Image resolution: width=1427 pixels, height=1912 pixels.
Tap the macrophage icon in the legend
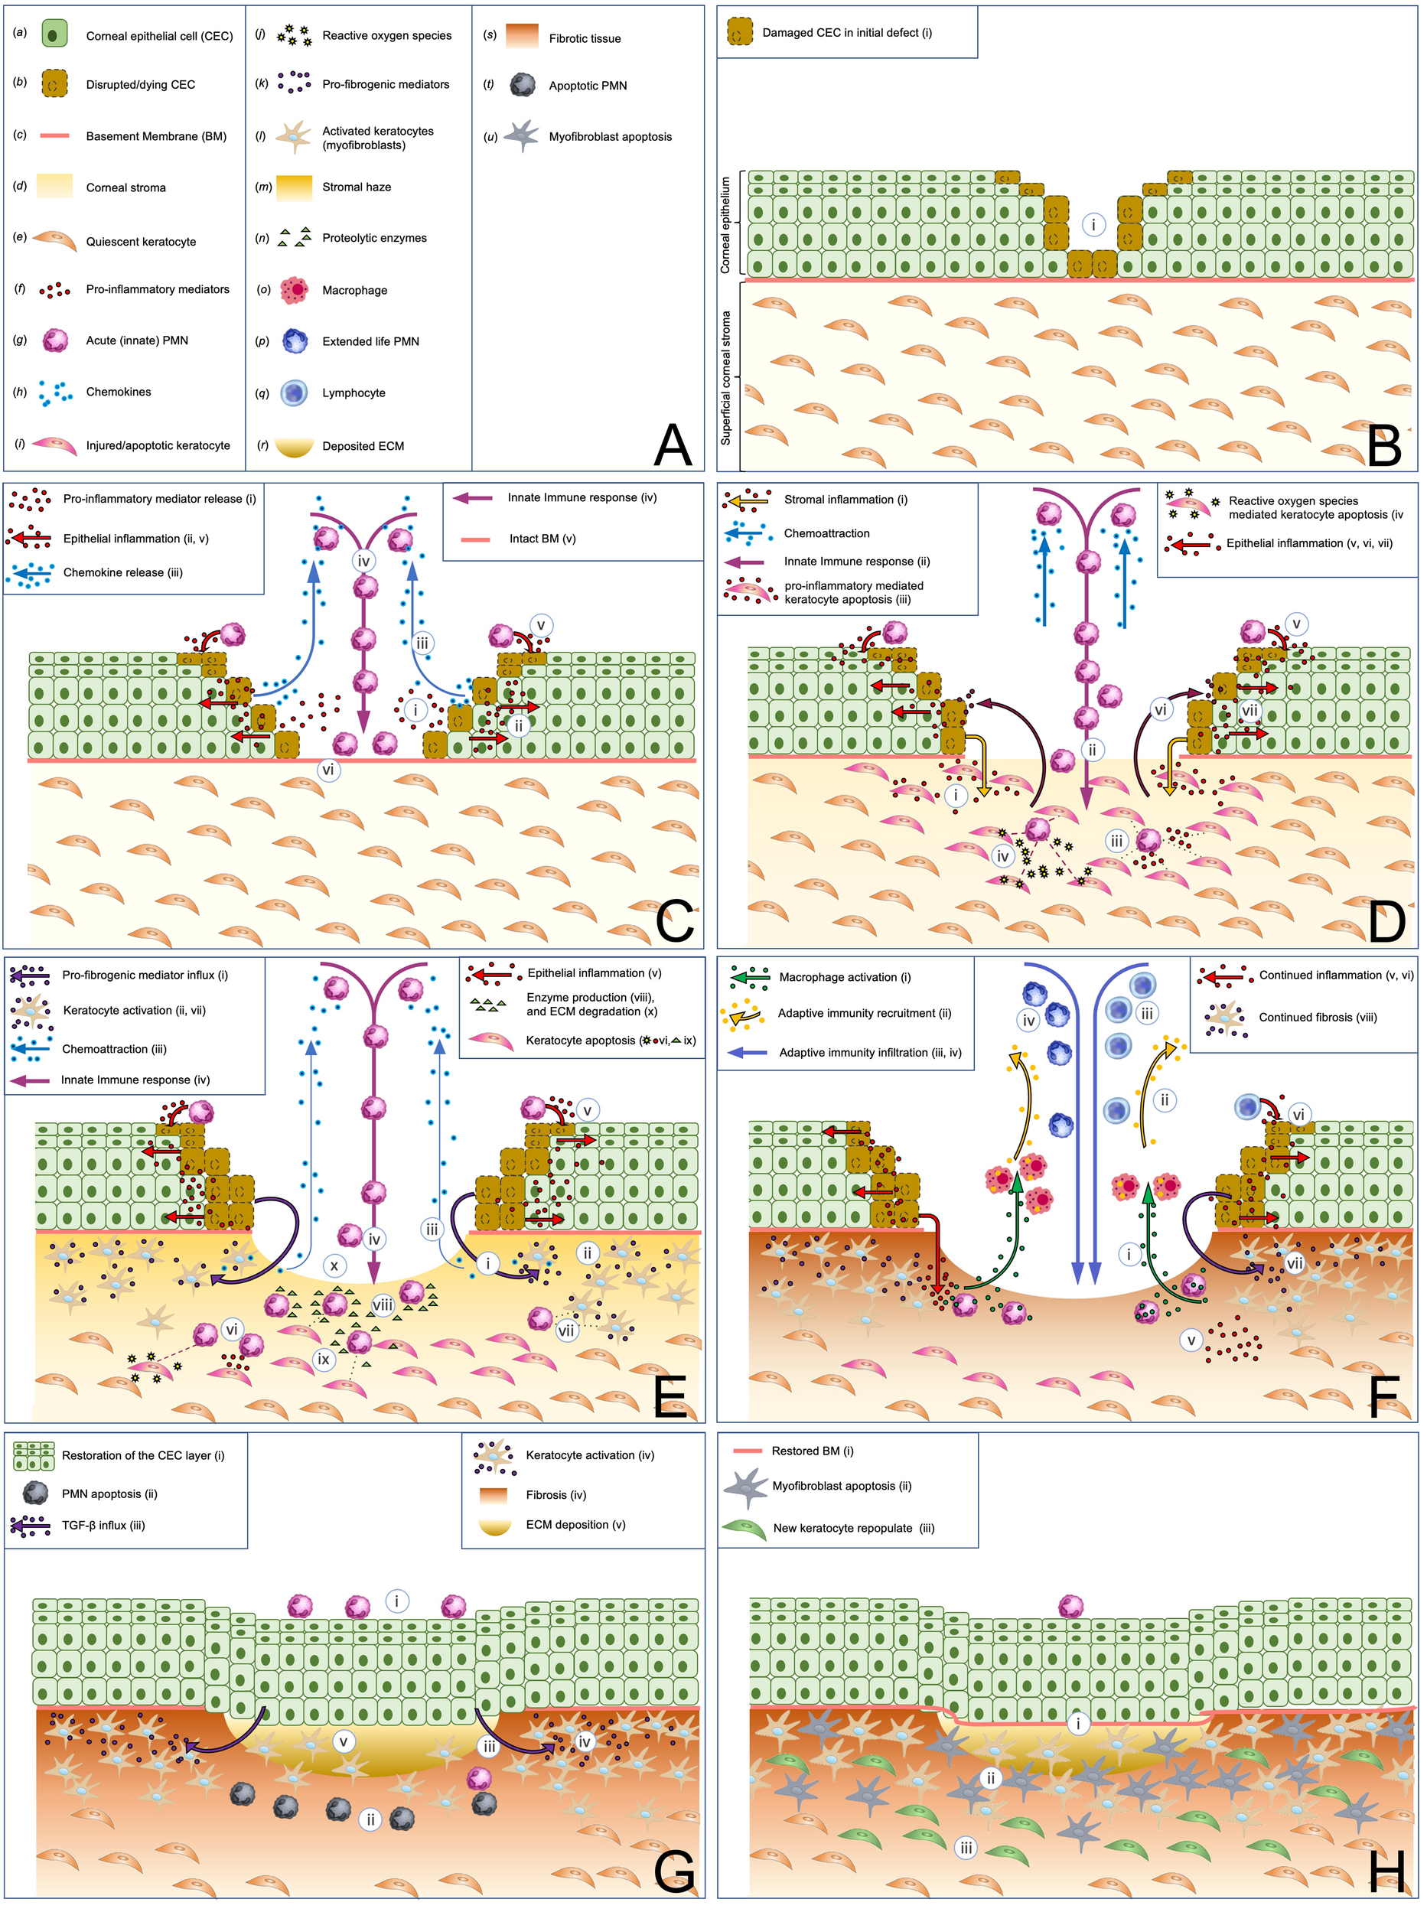(295, 290)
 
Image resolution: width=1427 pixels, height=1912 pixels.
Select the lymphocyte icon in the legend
(295, 393)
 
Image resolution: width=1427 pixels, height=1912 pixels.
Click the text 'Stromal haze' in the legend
(356, 187)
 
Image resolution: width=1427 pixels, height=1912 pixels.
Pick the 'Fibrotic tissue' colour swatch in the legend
(522, 36)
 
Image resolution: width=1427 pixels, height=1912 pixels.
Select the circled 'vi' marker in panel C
(328, 770)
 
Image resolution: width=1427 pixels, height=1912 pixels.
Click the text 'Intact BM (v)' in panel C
(542, 538)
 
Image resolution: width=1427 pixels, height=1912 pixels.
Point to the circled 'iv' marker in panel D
(1002, 856)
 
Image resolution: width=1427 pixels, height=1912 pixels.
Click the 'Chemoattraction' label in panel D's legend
(826, 533)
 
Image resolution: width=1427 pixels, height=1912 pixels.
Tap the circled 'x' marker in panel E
(334, 1266)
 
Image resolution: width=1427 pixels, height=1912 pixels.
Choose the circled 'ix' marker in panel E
(324, 1360)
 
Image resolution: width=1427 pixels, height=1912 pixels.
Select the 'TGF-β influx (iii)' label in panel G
(103, 1525)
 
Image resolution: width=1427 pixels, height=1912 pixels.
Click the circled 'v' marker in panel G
(343, 1741)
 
